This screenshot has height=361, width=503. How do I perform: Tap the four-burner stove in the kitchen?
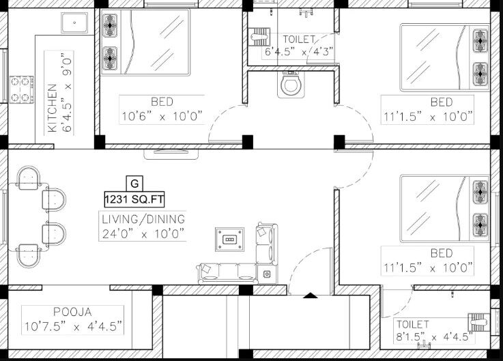pyautogui.click(x=21, y=89)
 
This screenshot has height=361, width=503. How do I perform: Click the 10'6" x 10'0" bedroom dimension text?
pyautogui.click(x=162, y=116)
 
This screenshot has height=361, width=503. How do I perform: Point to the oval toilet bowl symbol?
pyautogui.click(x=291, y=85)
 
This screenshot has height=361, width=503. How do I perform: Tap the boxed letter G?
pyautogui.click(x=134, y=183)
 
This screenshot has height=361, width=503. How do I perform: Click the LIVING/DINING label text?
pyautogui.click(x=143, y=220)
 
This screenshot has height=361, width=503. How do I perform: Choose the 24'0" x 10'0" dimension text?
pyautogui.click(x=143, y=233)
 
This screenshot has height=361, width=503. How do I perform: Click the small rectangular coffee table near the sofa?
pyautogui.click(x=229, y=240)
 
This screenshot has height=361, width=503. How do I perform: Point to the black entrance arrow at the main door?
pyautogui.click(x=310, y=295)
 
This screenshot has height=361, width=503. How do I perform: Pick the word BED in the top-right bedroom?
pyautogui.click(x=441, y=102)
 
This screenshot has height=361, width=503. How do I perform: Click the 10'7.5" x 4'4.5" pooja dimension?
pyautogui.click(x=73, y=326)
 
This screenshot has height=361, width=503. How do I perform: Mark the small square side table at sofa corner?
pyautogui.click(x=267, y=274)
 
